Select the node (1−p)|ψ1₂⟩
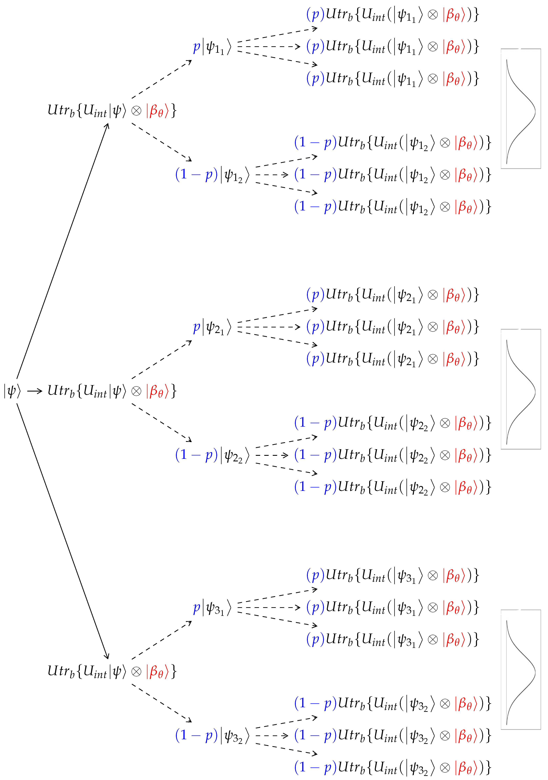click(x=212, y=175)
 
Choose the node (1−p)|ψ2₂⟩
click(x=212, y=455)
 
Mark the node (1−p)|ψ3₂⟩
click(x=212, y=736)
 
